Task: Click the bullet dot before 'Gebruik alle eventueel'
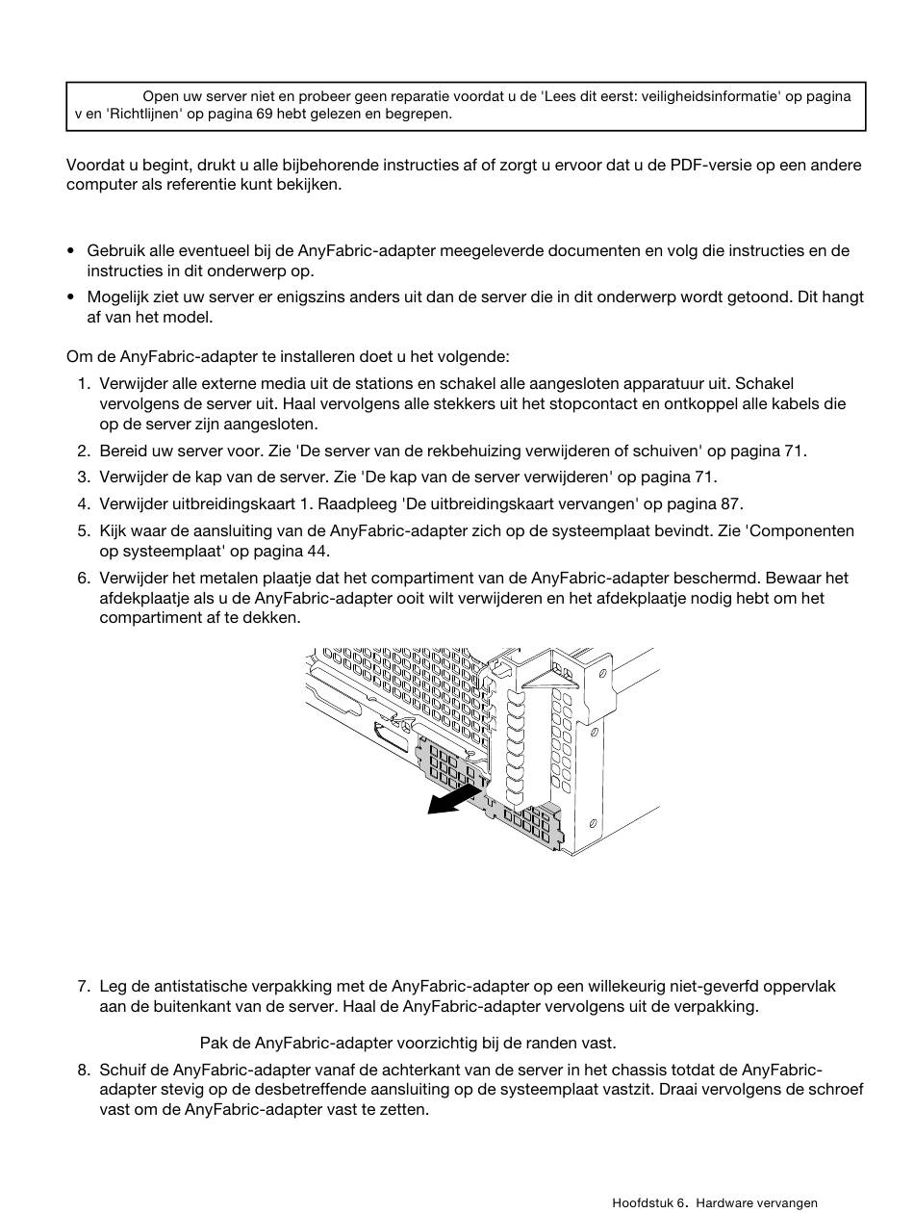[71, 251]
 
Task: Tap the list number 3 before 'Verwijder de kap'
[83, 477]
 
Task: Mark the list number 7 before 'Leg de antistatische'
[83, 987]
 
